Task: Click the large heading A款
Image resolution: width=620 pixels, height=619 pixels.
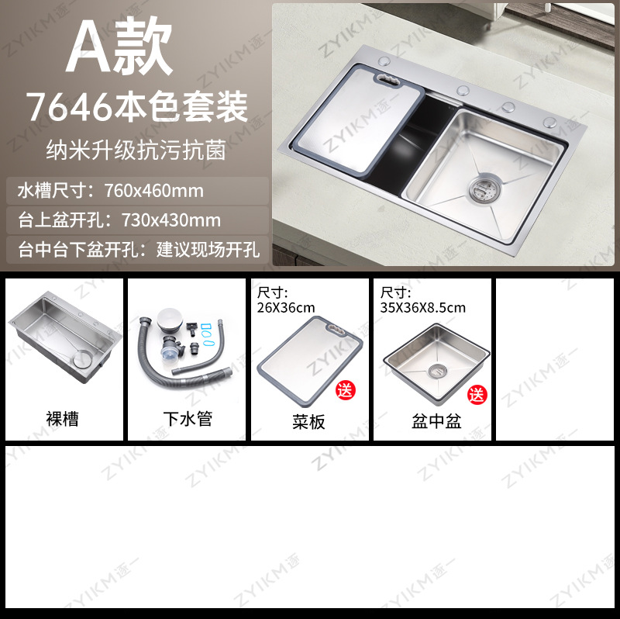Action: click(119, 51)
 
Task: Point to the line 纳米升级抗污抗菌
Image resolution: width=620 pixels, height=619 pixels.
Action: click(137, 150)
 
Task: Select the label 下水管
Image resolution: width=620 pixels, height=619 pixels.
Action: click(187, 420)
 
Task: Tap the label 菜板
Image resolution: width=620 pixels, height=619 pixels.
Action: click(309, 421)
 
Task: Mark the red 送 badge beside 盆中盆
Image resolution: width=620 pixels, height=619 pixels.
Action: click(477, 394)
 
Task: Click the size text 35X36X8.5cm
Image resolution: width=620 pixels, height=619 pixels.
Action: click(423, 307)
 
